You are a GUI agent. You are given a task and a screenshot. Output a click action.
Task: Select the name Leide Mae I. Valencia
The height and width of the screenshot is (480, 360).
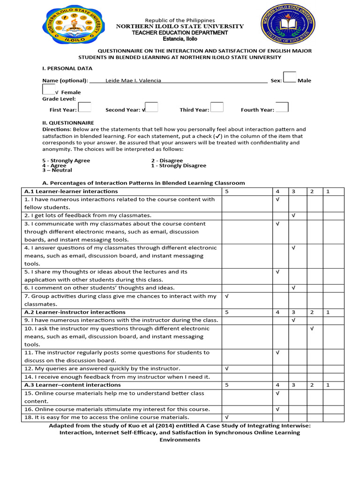[x=133, y=81]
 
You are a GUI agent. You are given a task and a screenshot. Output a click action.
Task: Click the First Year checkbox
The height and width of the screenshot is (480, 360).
[x=84, y=107]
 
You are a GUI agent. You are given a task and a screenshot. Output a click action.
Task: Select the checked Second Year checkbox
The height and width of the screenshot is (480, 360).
[x=151, y=107]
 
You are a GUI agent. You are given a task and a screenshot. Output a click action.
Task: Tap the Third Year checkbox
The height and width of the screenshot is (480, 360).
[x=217, y=107]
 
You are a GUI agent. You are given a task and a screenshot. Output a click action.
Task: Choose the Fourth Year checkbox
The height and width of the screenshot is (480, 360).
[x=282, y=107]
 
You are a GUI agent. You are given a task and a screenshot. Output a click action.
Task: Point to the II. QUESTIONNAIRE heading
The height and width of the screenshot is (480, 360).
[x=68, y=123]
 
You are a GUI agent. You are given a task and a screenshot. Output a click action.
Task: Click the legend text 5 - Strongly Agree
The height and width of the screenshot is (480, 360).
[x=66, y=161]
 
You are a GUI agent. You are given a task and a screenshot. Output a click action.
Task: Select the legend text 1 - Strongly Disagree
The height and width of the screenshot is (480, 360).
[x=179, y=165]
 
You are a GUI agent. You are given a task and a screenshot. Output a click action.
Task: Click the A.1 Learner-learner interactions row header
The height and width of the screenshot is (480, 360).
[x=71, y=191]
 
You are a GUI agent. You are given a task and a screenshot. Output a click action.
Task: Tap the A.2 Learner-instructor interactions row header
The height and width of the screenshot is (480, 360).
[x=75, y=312]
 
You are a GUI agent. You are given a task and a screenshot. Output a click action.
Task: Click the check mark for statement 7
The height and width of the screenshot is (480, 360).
[x=227, y=296]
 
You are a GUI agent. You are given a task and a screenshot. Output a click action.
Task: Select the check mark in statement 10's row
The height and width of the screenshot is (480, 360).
[x=312, y=329]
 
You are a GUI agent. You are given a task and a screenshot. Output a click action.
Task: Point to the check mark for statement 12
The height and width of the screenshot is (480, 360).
[x=227, y=368]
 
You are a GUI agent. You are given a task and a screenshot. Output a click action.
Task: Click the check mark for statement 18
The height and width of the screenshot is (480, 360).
[x=227, y=417]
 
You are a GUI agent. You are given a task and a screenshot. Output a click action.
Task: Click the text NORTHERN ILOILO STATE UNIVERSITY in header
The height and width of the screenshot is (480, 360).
[x=180, y=26]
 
